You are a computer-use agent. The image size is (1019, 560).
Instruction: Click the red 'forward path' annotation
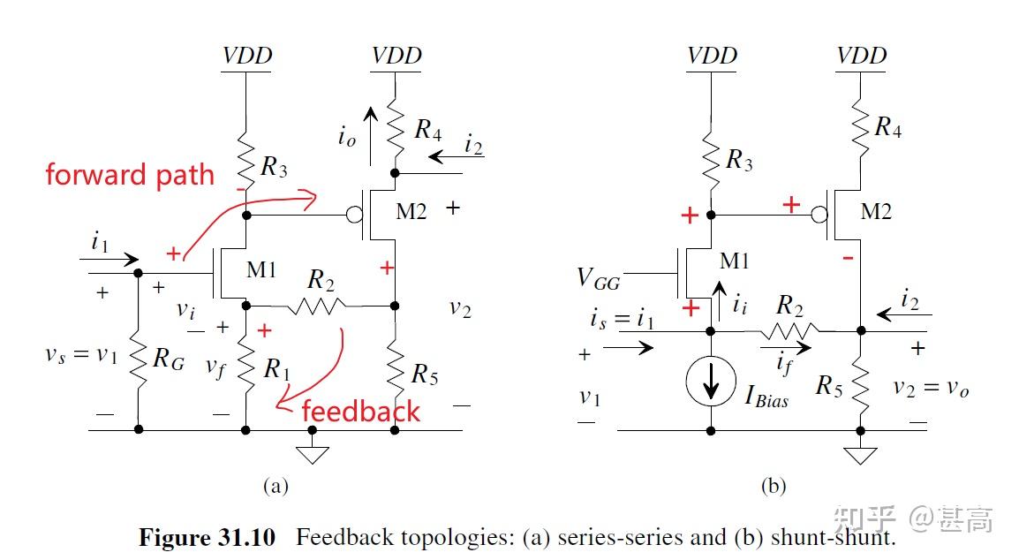coord(130,175)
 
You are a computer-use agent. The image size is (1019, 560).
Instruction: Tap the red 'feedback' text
coord(360,411)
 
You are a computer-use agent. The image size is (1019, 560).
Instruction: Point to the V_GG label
coord(598,279)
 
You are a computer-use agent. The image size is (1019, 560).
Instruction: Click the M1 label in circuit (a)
coord(261,269)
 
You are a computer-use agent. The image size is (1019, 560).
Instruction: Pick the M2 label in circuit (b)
coord(876,211)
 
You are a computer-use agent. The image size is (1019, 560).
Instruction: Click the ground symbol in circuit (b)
coord(860,454)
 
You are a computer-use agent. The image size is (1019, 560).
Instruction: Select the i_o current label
coord(346,138)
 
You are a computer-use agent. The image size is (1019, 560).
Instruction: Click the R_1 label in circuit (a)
coord(277,371)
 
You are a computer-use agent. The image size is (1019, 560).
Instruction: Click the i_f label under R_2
coord(782,360)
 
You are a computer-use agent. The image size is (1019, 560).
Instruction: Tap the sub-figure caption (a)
coord(276,485)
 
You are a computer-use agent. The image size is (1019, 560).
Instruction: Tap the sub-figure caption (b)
coord(773,485)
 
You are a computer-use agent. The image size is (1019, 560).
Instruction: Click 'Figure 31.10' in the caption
coord(207,537)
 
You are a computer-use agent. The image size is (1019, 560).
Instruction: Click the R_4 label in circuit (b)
coord(887,127)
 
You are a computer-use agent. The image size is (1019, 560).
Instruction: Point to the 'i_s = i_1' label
coord(623,319)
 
